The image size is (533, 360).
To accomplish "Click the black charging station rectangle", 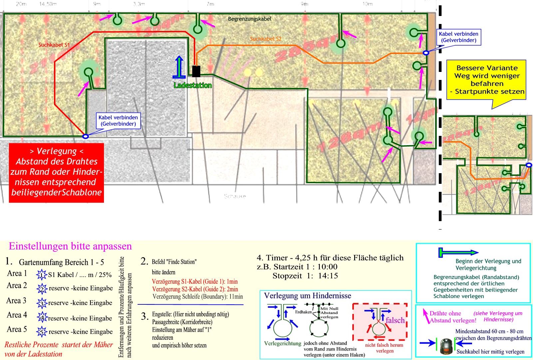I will click(196, 71).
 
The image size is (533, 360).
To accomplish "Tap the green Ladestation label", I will click(193, 86).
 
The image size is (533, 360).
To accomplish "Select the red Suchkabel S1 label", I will click(54, 44).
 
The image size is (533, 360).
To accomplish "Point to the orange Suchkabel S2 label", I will click(266, 39).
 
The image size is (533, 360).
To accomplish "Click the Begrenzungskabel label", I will click(250, 19).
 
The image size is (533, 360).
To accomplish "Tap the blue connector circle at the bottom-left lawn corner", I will click(86, 136).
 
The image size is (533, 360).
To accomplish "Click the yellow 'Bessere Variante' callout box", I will click(487, 80).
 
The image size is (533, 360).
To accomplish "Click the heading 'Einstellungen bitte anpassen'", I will click(70, 246).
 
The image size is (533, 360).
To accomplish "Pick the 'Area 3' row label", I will click(16, 301).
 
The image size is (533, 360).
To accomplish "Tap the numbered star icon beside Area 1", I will click(42, 275).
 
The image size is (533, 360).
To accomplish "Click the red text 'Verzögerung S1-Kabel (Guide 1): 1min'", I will click(195, 282).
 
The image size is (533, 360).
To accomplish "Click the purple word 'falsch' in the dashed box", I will click(395, 320).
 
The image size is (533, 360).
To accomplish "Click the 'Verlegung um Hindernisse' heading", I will click(307, 296).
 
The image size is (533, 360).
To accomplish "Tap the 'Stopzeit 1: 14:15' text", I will click(305, 276).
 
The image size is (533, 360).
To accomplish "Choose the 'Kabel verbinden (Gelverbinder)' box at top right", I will click(458, 37).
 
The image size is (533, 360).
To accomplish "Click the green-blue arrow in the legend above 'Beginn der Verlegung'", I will click(458, 253).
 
